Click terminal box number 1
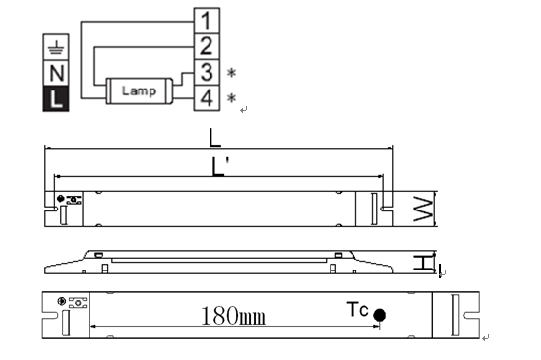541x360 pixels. tap(207, 21)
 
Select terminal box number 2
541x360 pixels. tap(207, 46)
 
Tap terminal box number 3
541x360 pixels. tap(207, 72)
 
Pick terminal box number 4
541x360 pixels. tap(207, 98)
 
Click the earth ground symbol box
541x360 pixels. tap(56, 47)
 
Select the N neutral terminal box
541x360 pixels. tap(56, 73)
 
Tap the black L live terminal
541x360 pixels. tap(56, 98)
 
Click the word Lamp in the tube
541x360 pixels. tap(139, 91)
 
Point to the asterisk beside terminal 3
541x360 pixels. tap(231, 73)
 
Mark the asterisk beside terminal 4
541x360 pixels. tap(231, 98)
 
